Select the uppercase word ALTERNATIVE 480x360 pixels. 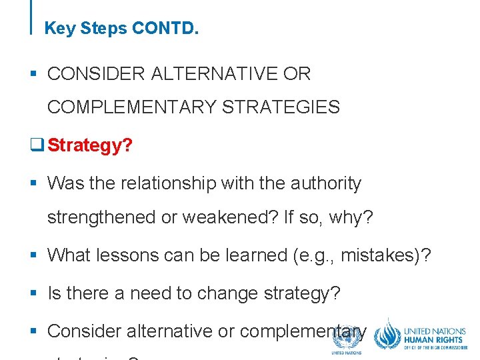tap(212, 74)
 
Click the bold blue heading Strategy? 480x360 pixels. tap(90, 145)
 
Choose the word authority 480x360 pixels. tap(325, 183)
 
